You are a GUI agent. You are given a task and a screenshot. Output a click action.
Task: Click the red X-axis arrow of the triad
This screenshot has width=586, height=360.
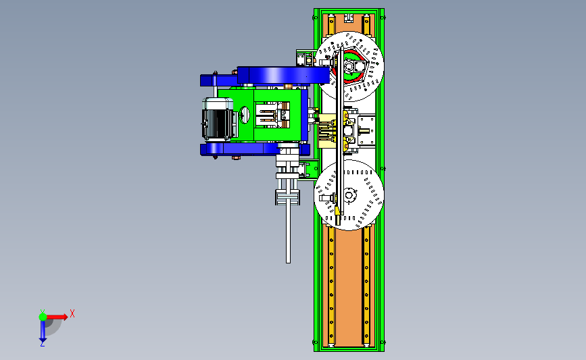56,317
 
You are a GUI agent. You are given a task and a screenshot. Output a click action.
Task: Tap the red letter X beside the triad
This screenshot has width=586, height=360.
72,313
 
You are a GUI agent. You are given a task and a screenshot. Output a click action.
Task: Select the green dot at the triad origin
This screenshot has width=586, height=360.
43,317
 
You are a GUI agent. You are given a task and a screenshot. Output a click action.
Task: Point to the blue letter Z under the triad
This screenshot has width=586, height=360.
42,344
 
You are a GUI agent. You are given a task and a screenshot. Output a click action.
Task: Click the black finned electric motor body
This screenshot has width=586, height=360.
218,120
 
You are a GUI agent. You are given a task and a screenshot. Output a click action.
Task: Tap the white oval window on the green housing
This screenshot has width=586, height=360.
245,115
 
